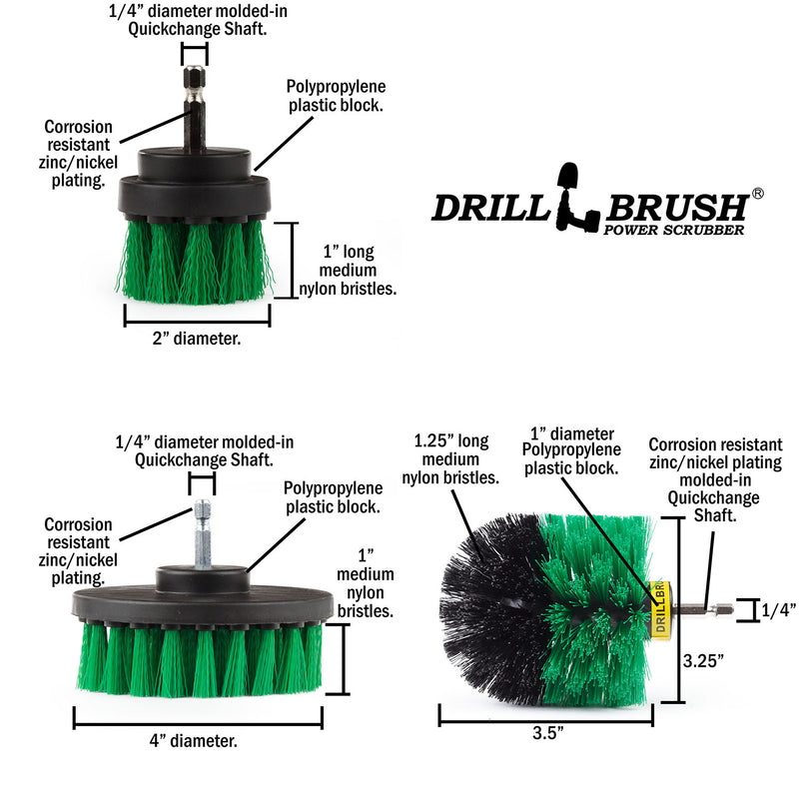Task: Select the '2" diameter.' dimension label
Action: [x=196, y=339]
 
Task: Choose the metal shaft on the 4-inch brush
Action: [x=203, y=534]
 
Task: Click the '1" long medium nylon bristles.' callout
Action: [x=348, y=270]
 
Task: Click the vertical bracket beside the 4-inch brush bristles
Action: [x=344, y=659]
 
